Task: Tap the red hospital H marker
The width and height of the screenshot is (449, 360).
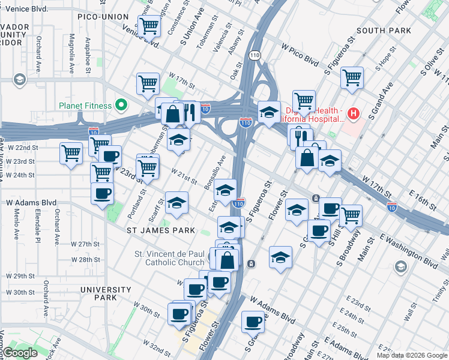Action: click(x=354, y=113)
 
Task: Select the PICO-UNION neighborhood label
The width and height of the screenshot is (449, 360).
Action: click(x=103, y=17)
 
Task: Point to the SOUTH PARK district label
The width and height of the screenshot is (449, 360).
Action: click(x=384, y=31)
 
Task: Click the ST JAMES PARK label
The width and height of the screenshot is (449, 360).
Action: click(x=161, y=230)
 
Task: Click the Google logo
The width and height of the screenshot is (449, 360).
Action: click(x=20, y=353)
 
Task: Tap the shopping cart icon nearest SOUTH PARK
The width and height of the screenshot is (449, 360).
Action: click(x=352, y=77)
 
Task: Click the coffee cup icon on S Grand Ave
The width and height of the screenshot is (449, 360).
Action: click(x=252, y=322)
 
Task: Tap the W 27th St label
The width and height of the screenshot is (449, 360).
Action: click(x=85, y=244)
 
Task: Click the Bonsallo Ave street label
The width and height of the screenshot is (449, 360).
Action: click(x=215, y=173)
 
